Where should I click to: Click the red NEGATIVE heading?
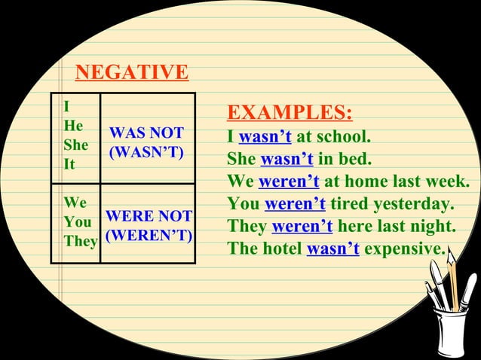(x=131, y=73)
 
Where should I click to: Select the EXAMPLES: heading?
(x=290, y=114)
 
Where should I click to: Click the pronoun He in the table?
(x=74, y=126)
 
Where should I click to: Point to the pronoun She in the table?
(x=75, y=145)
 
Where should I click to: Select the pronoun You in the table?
(x=76, y=224)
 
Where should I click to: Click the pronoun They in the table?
(x=81, y=243)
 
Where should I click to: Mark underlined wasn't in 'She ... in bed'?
(x=286, y=160)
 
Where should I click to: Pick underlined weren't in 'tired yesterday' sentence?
(x=295, y=204)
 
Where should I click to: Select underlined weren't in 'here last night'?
(x=302, y=227)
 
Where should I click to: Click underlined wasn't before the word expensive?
(x=333, y=249)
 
